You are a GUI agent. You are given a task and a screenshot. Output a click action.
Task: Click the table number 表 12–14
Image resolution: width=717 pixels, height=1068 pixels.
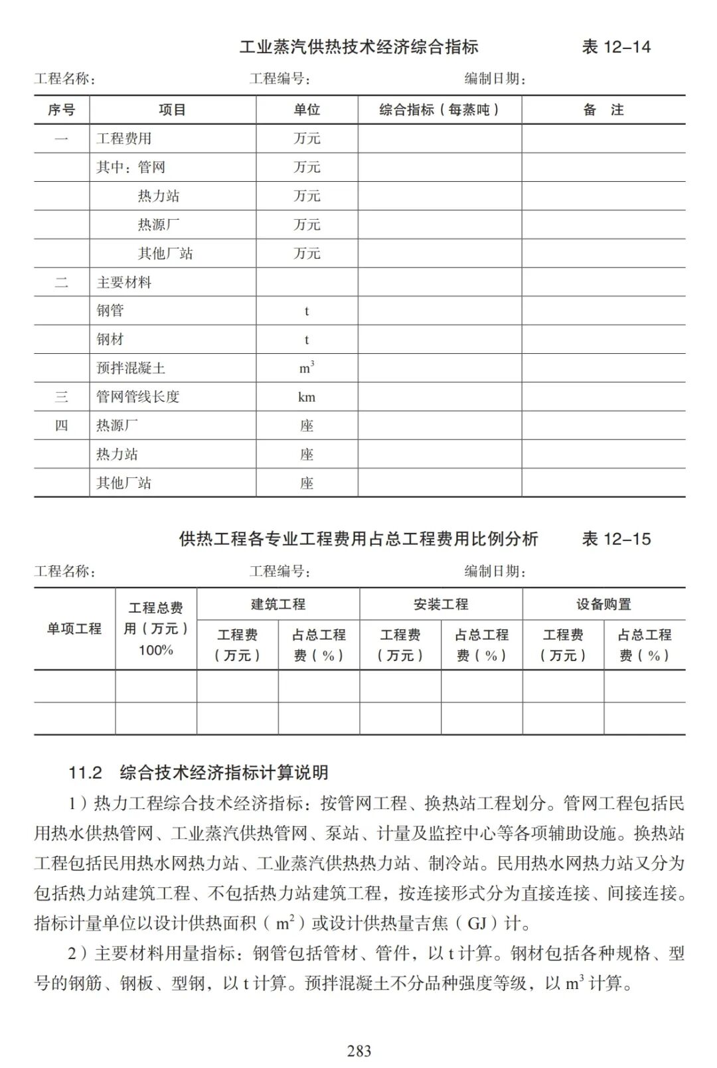coord(616,47)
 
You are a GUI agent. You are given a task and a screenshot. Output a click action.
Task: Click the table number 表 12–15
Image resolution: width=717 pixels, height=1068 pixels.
coord(616,539)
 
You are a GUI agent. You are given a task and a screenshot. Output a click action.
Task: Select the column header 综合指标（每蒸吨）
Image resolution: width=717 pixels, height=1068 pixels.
coord(439,110)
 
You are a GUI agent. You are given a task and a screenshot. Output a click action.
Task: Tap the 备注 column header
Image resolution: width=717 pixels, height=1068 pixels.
coord(603,110)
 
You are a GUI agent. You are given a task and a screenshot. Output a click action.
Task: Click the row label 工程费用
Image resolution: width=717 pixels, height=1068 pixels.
coord(124,139)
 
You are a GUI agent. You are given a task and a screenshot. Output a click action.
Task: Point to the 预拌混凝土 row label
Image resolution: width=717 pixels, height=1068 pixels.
coord(131,368)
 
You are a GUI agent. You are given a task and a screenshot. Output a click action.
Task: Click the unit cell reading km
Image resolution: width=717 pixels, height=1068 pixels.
coord(307,397)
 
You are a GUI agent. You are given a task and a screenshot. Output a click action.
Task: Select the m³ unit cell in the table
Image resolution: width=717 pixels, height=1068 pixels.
coord(307,368)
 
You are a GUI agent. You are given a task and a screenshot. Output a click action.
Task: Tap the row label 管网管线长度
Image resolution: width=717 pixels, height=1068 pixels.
coord(138,397)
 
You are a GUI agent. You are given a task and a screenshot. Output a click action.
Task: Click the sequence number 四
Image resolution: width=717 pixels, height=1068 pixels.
coord(62,425)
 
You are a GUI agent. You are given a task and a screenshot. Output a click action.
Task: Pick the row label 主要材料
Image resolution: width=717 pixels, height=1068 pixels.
coord(124,282)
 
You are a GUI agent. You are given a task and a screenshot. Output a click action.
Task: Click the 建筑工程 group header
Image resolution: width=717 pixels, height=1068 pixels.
coord(278,605)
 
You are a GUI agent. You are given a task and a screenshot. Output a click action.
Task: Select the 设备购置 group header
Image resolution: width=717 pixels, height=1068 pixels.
coord(603,605)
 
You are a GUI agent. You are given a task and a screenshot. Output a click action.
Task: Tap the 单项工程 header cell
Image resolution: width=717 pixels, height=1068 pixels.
coord(74,629)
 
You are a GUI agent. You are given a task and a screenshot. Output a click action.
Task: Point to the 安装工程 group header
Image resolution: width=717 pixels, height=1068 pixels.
coord(441,605)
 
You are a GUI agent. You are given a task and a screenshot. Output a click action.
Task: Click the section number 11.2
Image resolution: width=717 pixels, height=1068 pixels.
coord(86,773)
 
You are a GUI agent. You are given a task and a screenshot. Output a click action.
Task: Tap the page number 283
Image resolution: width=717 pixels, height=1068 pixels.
coord(359,1051)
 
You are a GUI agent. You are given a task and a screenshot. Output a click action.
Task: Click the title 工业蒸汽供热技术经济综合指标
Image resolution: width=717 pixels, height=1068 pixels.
coord(358,47)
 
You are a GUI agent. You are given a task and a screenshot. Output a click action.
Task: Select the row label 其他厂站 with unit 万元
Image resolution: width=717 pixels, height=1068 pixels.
coord(165,254)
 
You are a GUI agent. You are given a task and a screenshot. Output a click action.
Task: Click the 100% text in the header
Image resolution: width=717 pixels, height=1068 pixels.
coord(156,650)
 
